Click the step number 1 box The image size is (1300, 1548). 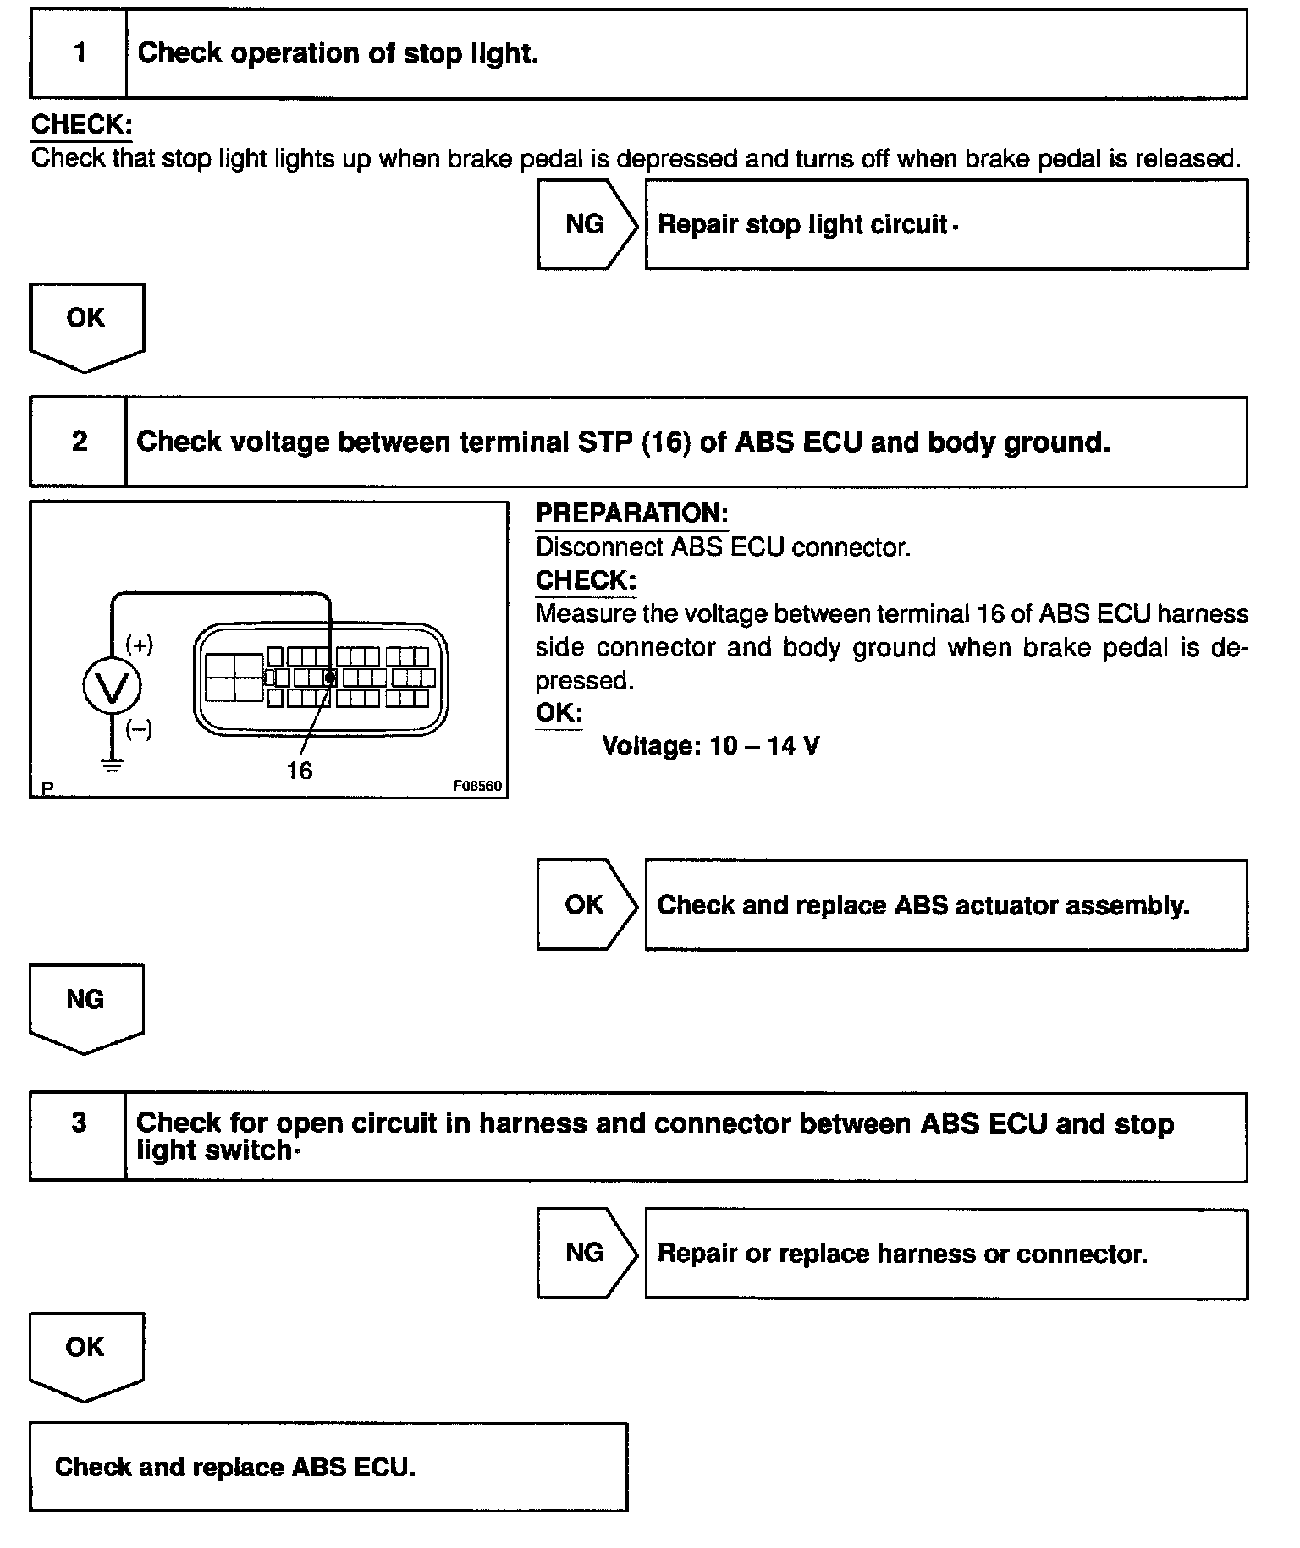pyautogui.click(x=79, y=53)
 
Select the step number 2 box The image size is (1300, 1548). pyautogui.click(x=79, y=442)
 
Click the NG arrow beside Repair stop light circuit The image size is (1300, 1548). pyautogui.click(x=586, y=225)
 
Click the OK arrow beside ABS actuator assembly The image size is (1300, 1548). pyautogui.click(x=586, y=905)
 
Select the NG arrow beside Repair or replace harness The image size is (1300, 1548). pyautogui.click(x=586, y=1253)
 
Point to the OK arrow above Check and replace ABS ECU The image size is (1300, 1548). pyautogui.click(x=85, y=1352)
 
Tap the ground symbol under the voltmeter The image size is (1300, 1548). pyautogui.click(x=112, y=766)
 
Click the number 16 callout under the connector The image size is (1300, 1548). pyautogui.click(x=299, y=771)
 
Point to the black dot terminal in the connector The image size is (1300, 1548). pyautogui.click(x=330, y=678)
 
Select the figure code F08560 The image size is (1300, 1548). pyautogui.click(x=477, y=786)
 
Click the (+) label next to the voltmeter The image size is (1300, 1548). pyautogui.click(x=140, y=645)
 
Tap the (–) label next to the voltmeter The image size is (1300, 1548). pyautogui.click(x=140, y=729)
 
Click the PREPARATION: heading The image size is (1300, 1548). pyautogui.click(x=631, y=513)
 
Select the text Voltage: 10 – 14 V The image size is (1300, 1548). pyautogui.click(x=710, y=746)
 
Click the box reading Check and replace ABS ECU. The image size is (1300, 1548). pyautogui.click(x=328, y=1468)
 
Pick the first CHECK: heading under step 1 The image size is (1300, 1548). pyautogui.click(x=81, y=125)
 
